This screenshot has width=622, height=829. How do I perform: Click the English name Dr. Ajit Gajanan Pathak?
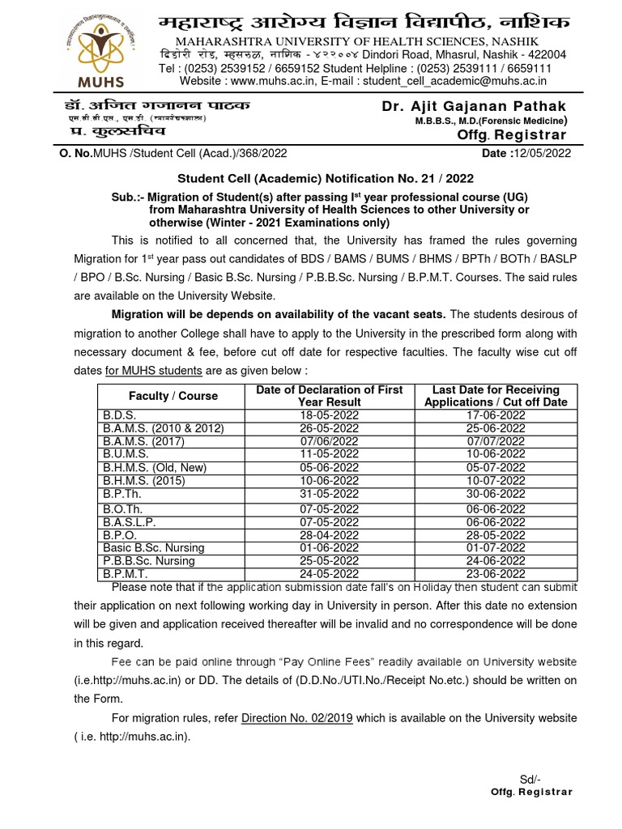pyautogui.click(x=474, y=107)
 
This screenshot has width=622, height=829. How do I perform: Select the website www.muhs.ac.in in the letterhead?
pyautogui.click(x=275, y=81)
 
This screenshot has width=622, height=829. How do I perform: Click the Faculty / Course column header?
pyautogui.click(x=173, y=396)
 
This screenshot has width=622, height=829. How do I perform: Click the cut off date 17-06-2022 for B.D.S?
pyautogui.click(x=496, y=414)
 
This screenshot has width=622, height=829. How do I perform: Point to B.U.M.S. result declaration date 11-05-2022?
pyautogui.click(x=329, y=454)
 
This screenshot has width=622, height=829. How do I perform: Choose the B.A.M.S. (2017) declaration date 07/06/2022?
pyautogui.click(x=329, y=441)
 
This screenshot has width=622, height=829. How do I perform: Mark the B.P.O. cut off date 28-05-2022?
pyautogui.click(x=496, y=534)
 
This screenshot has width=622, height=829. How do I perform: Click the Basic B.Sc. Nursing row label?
pyautogui.click(x=153, y=547)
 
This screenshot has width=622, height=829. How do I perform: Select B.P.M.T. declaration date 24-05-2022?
pyautogui.click(x=329, y=574)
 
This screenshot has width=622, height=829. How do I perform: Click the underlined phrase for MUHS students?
pyautogui.click(x=155, y=370)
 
